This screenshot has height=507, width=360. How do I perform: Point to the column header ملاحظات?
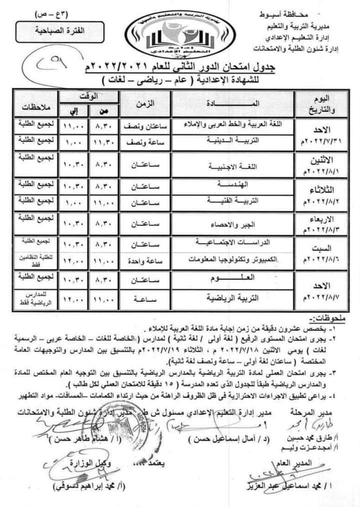point(34,105)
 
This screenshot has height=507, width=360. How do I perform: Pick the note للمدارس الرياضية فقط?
point(34,298)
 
